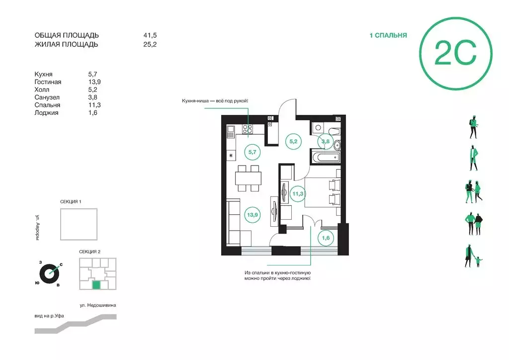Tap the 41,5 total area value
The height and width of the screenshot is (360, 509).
pyautogui.click(x=150, y=35)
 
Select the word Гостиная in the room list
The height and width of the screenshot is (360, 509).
pyautogui.click(x=48, y=82)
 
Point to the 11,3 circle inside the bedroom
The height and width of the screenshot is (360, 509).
pyautogui.click(x=298, y=194)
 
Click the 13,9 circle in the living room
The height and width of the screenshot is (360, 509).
pyautogui.click(x=252, y=215)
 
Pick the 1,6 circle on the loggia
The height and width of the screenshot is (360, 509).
pyautogui.click(x=326, y=238)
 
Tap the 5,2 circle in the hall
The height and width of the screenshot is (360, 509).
pyautogui.click(x=293, y=142)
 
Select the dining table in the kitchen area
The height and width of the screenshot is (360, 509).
pyautogui.click(x=249, y=178)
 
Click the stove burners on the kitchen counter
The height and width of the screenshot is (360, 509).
pyautogui.click(x=248, y=129)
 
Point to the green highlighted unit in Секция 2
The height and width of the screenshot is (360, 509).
pyautogui.click(x=96, y=285)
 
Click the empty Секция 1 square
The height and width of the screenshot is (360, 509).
pyautogui.click(x=79, y=224)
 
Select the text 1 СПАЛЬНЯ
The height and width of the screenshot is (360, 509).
pyautogui.click(x=388, y=35)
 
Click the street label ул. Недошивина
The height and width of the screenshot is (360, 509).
pyautogui.click(x=98, y=305)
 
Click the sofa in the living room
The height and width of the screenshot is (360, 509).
pyautogui.click(x=239, y=223)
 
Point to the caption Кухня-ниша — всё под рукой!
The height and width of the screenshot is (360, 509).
pyautogui.click(x=215, y=101)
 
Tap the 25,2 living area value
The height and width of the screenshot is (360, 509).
pyautogui.click(x=150, y=44)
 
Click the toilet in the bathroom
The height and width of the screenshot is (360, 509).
pyautogui.click(x=334, y=132)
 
